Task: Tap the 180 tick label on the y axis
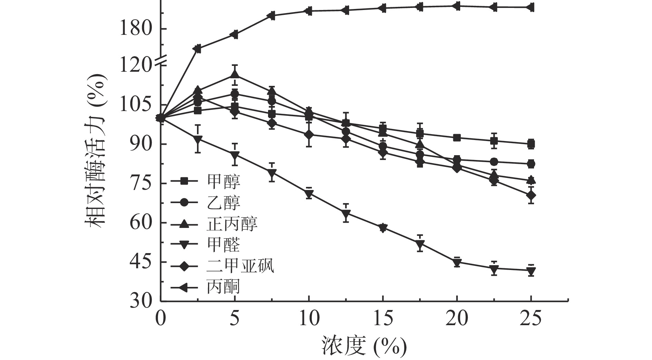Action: click(x=136, y=29)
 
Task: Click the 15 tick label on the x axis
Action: click(x=383, y=319)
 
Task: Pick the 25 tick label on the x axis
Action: click(x=531, y=319)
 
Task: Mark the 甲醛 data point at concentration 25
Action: click(x=531, y=271)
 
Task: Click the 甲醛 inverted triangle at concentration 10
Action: click(x=309, y=194)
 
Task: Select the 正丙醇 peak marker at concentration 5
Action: click(x=235, y=74)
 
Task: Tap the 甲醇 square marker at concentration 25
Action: click(x=531, y=144)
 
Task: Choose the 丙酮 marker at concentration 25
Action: click(x=531, y=7)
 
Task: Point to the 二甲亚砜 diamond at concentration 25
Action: click(x=531, y=196)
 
